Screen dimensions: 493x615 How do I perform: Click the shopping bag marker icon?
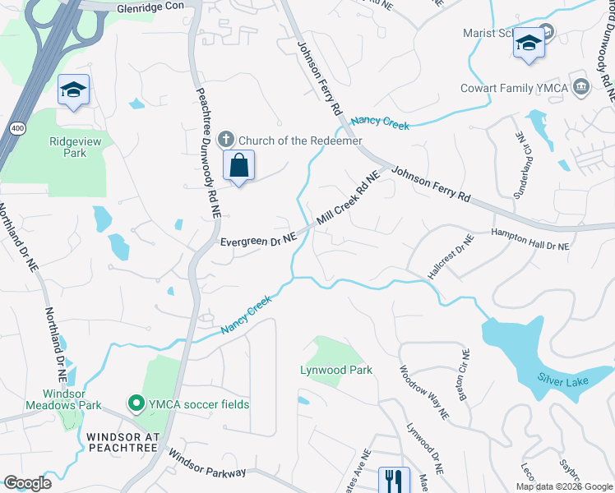(238, 166)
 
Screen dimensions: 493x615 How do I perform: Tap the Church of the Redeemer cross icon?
(226, 141)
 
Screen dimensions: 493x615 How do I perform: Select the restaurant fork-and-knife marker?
(394, 479)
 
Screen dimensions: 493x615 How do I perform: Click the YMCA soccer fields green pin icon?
(135, 403)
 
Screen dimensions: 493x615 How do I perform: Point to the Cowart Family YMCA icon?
(581, 87)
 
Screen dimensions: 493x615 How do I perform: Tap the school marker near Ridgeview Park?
(73, 90)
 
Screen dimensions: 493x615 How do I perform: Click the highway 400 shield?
(17, 128)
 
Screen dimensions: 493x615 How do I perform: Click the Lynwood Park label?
(336, 371)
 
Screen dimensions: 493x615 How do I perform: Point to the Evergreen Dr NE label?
(257, 241)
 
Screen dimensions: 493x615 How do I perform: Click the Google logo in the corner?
(27, 483)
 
